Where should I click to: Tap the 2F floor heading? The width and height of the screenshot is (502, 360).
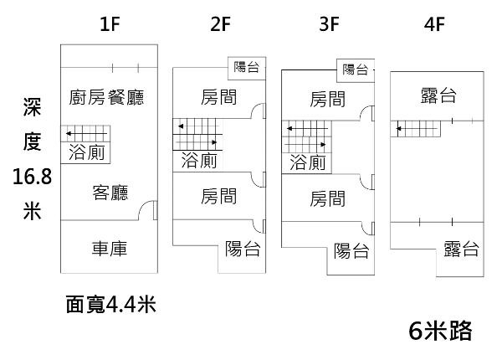220,23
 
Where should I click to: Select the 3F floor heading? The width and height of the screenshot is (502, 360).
329,23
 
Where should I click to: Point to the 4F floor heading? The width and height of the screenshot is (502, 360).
433,23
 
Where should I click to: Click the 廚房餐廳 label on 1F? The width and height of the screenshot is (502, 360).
106,98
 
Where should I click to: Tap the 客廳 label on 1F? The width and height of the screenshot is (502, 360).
110,193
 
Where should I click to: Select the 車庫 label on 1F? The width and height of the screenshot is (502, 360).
110,249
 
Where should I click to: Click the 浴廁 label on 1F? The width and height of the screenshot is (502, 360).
86,152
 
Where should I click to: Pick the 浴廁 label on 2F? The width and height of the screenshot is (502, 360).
199,161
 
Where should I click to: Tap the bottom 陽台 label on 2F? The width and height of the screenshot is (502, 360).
243,249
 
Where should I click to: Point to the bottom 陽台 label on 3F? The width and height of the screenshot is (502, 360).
351,250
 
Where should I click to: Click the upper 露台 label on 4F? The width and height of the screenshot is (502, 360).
438,97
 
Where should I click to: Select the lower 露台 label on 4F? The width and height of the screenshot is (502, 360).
461,249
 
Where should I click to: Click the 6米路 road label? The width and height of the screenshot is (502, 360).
441,331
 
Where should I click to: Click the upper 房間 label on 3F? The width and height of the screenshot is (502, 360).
327,99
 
